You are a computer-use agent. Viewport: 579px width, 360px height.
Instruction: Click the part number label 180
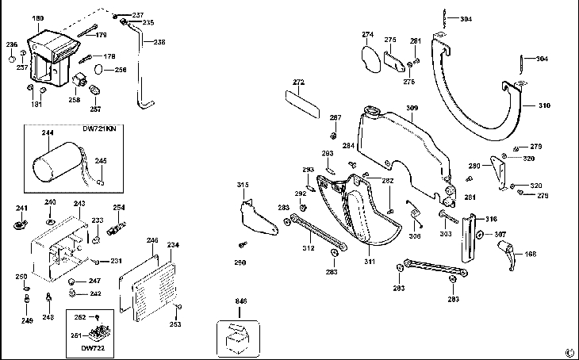(37, 17)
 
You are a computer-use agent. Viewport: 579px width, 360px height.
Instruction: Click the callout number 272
(298, 82)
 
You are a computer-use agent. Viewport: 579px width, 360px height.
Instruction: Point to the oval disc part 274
(370, 57)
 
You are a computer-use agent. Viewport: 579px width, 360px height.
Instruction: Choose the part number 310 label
(544, 105)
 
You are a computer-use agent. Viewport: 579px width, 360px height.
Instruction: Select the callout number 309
(412, 107)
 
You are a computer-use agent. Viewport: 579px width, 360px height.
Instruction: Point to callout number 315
(243, 185)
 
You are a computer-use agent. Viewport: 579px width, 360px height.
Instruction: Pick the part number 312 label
(309, 248)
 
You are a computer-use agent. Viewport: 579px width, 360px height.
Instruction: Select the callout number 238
(159, 42)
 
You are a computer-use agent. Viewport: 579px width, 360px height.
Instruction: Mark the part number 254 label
(119, 208)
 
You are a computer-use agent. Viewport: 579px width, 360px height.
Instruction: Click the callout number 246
(153, 239)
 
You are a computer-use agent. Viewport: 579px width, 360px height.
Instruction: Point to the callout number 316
(491, 218)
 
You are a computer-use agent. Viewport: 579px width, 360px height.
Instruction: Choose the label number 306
(415, 236)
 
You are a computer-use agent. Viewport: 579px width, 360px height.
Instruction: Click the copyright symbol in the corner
(569, 352)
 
